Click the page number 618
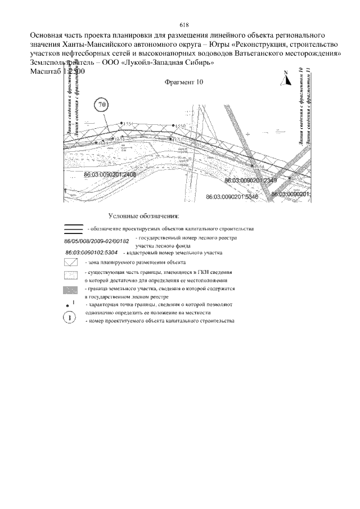(183, 25)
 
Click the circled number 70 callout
(102, 105)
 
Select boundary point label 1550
(180, 125)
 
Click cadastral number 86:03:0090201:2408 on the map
(110, 175)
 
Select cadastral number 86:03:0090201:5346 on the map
(232, 197)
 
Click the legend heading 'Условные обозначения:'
(143, 215)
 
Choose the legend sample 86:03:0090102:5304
(91, 253)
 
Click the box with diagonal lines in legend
(70, 262)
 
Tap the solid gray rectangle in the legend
(70, 290)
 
